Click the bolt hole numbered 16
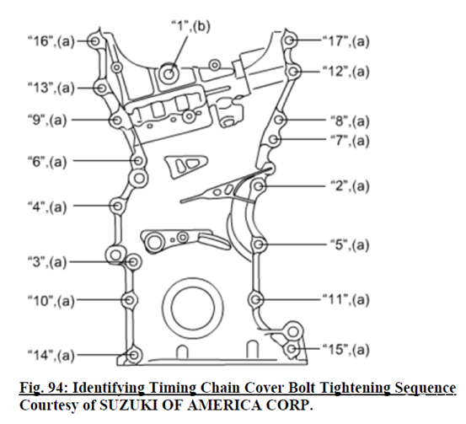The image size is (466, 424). point(95,41)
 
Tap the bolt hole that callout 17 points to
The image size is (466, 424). point(289,40)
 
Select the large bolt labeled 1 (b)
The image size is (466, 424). point(169,73)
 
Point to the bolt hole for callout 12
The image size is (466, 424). point(293,72)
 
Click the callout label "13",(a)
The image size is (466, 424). point(51,88)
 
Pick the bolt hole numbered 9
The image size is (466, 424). point(117,121)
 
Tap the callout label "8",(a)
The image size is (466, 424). point(350,121)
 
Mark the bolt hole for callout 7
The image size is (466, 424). point(274,139)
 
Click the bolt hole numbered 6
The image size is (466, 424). point(138,161)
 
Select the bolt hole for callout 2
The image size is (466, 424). point(258,186)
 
